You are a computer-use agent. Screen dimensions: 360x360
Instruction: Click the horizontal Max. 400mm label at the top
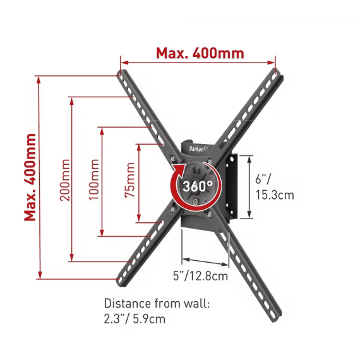click(200, 53)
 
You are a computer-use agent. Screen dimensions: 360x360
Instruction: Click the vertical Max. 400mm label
click(30, 177)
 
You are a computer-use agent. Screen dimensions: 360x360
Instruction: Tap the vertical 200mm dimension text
click(65, 180)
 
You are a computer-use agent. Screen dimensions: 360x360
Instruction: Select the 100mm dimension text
click(94, 179)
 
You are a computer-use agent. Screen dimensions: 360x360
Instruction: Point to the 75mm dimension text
click(129, 180)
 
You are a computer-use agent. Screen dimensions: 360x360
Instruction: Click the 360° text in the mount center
click(198, 186)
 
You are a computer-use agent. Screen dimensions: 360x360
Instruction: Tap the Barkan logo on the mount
click(198, 149)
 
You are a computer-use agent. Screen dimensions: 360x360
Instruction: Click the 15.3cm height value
click(275, 195)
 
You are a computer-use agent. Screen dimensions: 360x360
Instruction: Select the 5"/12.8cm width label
click(200, 276)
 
